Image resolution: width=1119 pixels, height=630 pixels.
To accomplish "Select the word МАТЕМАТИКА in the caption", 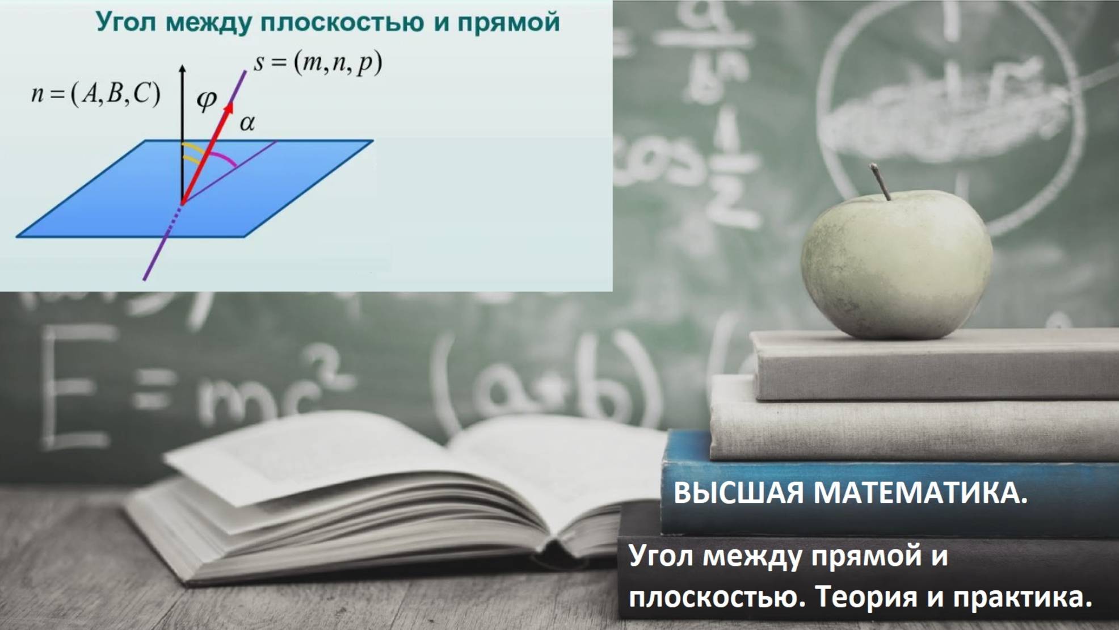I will (920, 493).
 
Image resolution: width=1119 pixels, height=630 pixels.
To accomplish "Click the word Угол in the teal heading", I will (125, 23).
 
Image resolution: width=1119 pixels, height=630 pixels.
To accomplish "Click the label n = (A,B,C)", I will (95, 94).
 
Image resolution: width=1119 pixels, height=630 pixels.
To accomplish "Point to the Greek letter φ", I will (206, 100).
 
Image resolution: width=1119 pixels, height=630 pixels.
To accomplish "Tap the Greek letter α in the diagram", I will (247, 123).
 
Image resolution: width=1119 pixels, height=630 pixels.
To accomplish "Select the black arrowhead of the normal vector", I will (182, 69).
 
